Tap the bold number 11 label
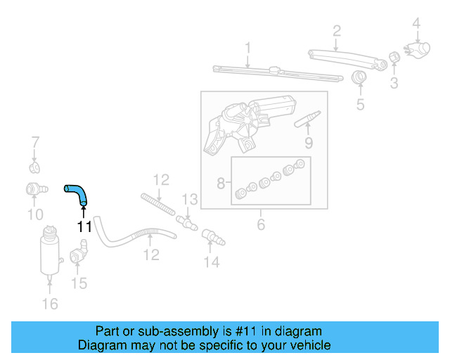click(84, 226)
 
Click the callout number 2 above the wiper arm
click(337, 30)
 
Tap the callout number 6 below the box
click(261, 225)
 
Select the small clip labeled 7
click(34, 167)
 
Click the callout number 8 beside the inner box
click(221, 184)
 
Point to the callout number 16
click(50, 304)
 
